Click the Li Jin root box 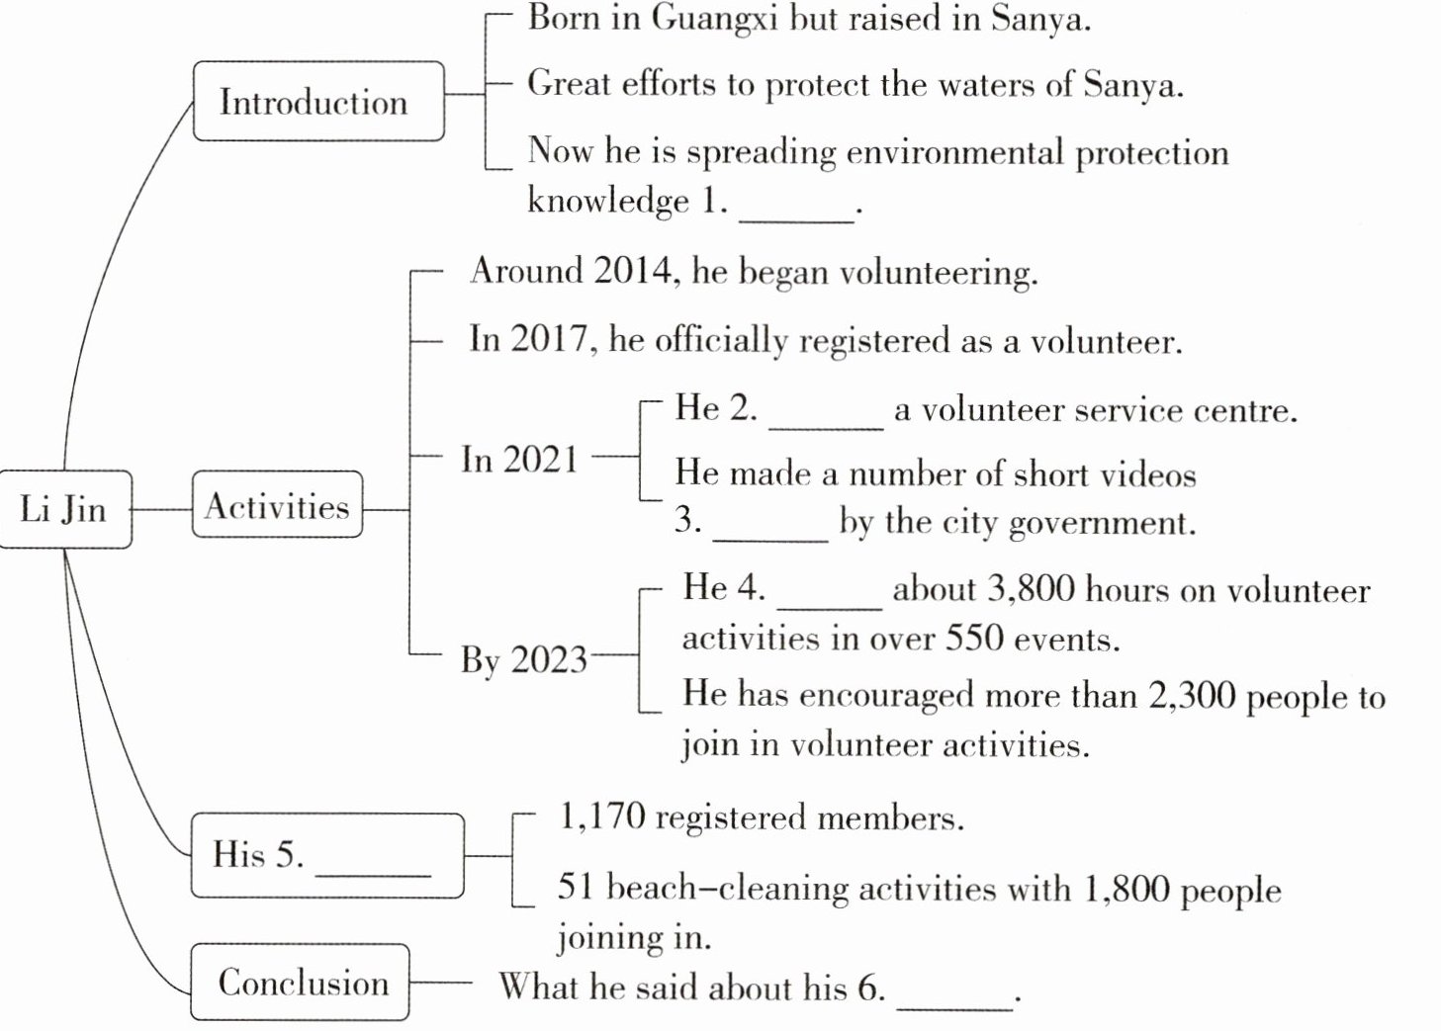click(64, 509)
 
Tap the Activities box click(277, 506)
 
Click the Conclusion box click(301, 983)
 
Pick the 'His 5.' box click(326, 855)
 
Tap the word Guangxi click(714, 19)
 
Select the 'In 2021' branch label click(519, 460)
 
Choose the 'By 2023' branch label click(524, 659)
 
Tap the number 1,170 click(601, 817)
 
